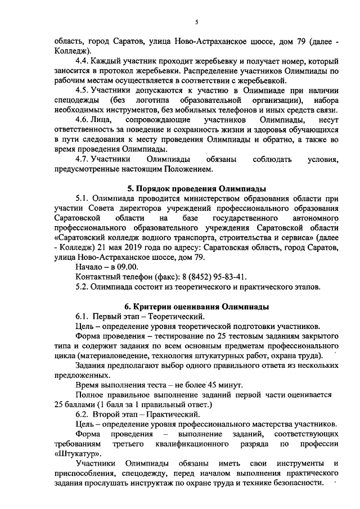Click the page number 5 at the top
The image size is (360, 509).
[196, 22]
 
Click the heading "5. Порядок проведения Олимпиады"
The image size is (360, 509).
[195, 188]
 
